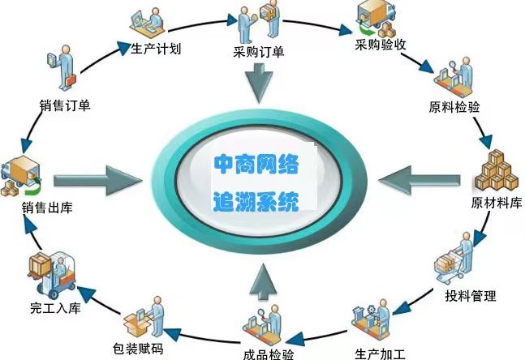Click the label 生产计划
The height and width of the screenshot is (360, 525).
coord(156,49)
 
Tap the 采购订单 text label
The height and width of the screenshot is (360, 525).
coord(259,52)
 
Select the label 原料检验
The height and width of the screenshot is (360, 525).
coord(454,107)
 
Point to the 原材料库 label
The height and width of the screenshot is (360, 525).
coord(497,203)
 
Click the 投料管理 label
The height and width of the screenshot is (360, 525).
coord(471,296)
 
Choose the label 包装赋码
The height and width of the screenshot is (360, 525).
coord(138,349)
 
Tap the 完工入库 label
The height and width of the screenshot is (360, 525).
coord(55,308)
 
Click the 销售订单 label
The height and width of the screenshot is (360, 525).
coord(65,105)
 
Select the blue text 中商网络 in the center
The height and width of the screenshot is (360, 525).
coord(256,164)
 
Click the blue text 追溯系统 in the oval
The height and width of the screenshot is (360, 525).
coord(256,201)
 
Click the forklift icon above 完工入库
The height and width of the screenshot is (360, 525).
coord(52,275)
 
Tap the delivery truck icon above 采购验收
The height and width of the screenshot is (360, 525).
coord(376,19)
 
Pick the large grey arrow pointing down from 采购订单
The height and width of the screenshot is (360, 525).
coord(259,83)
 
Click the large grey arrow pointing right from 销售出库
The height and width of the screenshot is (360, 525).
coord(97,181)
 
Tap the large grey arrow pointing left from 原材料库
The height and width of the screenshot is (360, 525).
coord(420,180)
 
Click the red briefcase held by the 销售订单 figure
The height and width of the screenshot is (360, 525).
coord(71,80)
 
